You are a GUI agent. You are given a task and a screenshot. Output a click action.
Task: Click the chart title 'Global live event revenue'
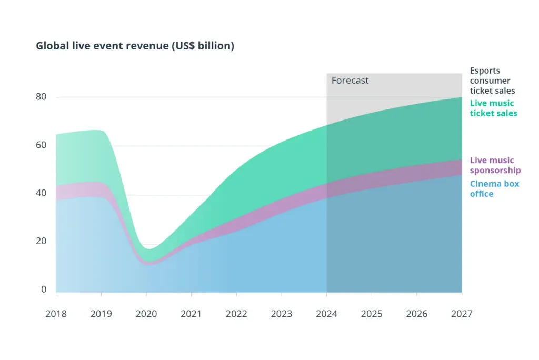(102, 45)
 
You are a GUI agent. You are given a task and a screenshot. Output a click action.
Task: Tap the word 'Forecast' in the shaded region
(350, 81)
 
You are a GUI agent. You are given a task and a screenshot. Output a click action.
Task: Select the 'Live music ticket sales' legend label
(494, 108)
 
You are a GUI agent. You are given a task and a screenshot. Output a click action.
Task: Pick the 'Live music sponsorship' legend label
(495, 165)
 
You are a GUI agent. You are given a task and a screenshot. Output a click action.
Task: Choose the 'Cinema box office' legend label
(495, 189)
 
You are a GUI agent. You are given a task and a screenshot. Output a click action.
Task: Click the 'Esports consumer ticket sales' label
(493, 81)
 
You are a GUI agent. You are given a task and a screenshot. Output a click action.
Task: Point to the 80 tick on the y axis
(41, 97)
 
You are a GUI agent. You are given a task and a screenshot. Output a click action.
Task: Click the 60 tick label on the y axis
(41, 145)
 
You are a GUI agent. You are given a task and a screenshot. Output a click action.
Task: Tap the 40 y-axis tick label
(41, 193)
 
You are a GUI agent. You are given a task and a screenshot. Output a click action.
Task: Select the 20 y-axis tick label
(41, 241)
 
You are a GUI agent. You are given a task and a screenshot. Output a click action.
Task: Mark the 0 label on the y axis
(44, 289)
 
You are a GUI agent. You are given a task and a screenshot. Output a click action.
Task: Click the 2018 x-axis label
(56, 314)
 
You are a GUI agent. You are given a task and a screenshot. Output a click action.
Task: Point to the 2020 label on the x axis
(146, 314)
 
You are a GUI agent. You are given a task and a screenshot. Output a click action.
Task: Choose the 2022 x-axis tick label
(236, 314)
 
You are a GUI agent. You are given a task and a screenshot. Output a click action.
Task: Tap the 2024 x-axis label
(326, 314)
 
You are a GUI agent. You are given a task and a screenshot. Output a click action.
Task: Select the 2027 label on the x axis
(462, 314)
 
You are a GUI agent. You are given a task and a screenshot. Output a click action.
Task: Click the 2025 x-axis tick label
(372, 314)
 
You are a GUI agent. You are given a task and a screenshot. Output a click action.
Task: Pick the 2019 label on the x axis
(101, 314)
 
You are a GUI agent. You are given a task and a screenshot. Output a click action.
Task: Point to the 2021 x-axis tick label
(191, 314)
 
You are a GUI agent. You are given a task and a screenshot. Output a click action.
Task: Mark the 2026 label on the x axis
(417, 314)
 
